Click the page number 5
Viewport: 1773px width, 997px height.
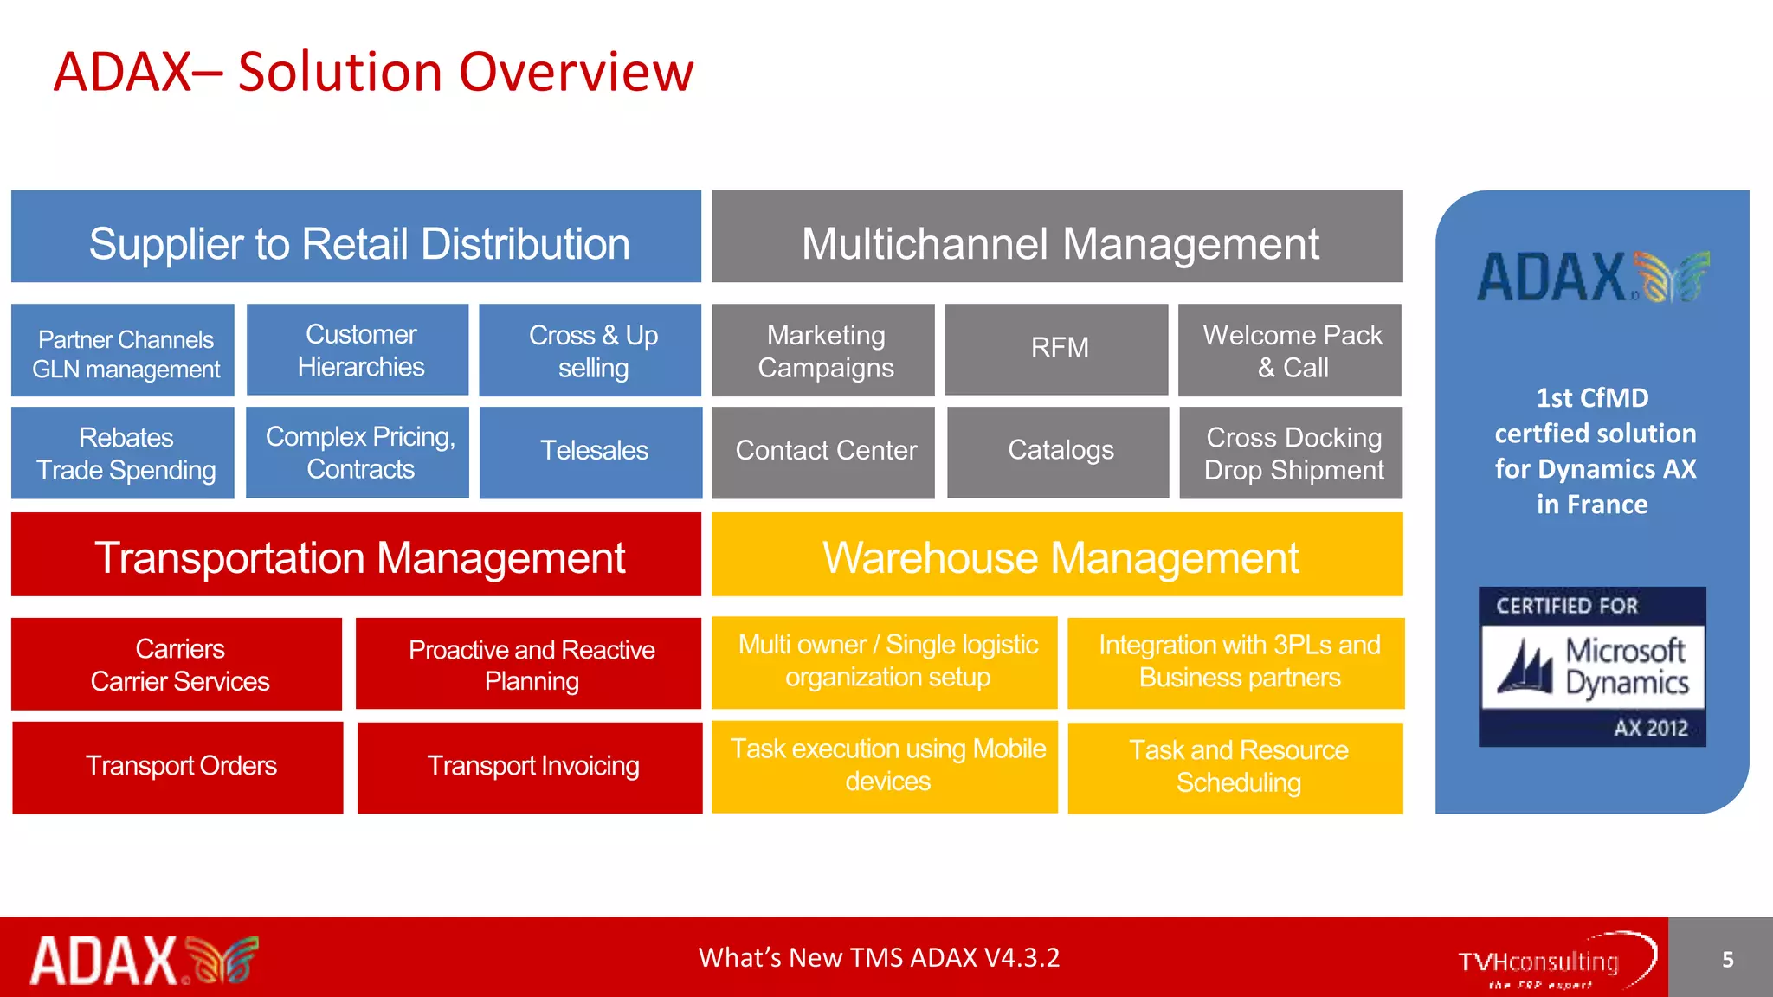click(x=1727, y=959)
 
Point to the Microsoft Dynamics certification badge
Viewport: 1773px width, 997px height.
click(x=1592, y=667)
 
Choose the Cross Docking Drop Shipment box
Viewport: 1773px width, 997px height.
click(x=1291, y=453)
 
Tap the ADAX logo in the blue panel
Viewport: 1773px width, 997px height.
click(x=1592, y=277)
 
